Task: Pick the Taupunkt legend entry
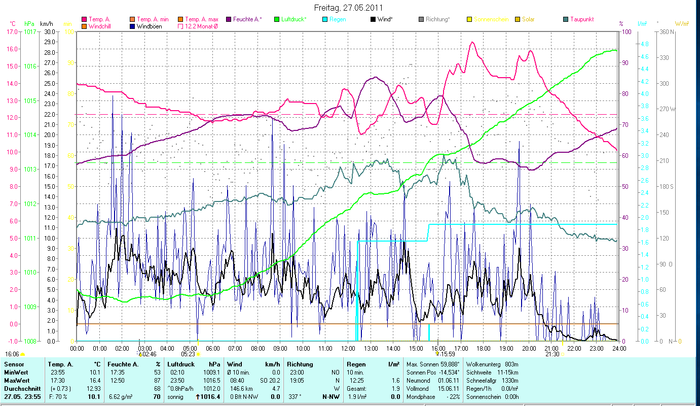[581, 19]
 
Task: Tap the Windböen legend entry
[149, 26]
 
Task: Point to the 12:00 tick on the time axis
[348, 349]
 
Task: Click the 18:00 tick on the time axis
[484, 349]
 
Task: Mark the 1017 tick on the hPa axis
[30, 31]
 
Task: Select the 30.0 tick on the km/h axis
[49, 31]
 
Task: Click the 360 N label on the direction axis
[665, 31]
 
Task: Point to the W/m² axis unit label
[682, 23]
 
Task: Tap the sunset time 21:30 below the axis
[552, 354]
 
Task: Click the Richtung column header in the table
[300, 364]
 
